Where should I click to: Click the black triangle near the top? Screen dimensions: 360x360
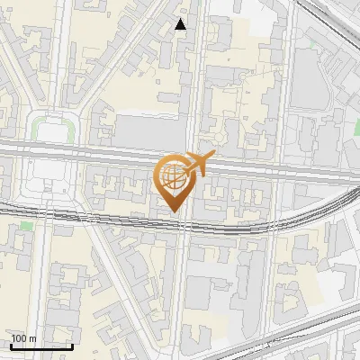[x=181, y=24]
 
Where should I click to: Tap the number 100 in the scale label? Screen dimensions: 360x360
[x=19, y=338]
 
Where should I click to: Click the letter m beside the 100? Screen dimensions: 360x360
[x=31, y=338]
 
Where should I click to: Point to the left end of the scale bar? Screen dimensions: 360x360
[x=10, y=346]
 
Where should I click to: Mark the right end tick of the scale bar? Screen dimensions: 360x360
[x=73, y=346]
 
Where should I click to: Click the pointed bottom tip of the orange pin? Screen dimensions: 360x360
[x=173, y=213]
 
